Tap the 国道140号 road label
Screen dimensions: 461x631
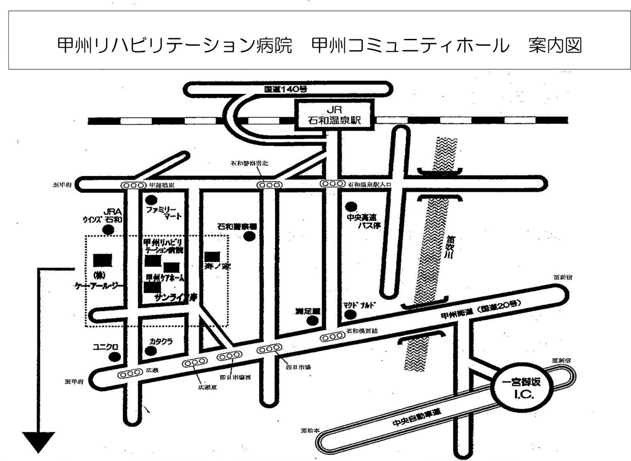tap(286, 89)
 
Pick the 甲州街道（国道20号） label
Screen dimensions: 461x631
tap(481, 310)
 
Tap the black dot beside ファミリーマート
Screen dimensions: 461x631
tap(152, 200)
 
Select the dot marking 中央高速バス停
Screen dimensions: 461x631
tap(350, 206)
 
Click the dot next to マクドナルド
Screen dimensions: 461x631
tap(350, 314)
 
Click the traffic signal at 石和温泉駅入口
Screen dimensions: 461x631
tap(332, 184)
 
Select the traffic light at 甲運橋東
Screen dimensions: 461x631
tap(133, 186)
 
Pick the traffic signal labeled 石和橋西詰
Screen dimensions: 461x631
tap(332, 337)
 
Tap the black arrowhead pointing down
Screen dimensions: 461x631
tap(39, 442)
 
